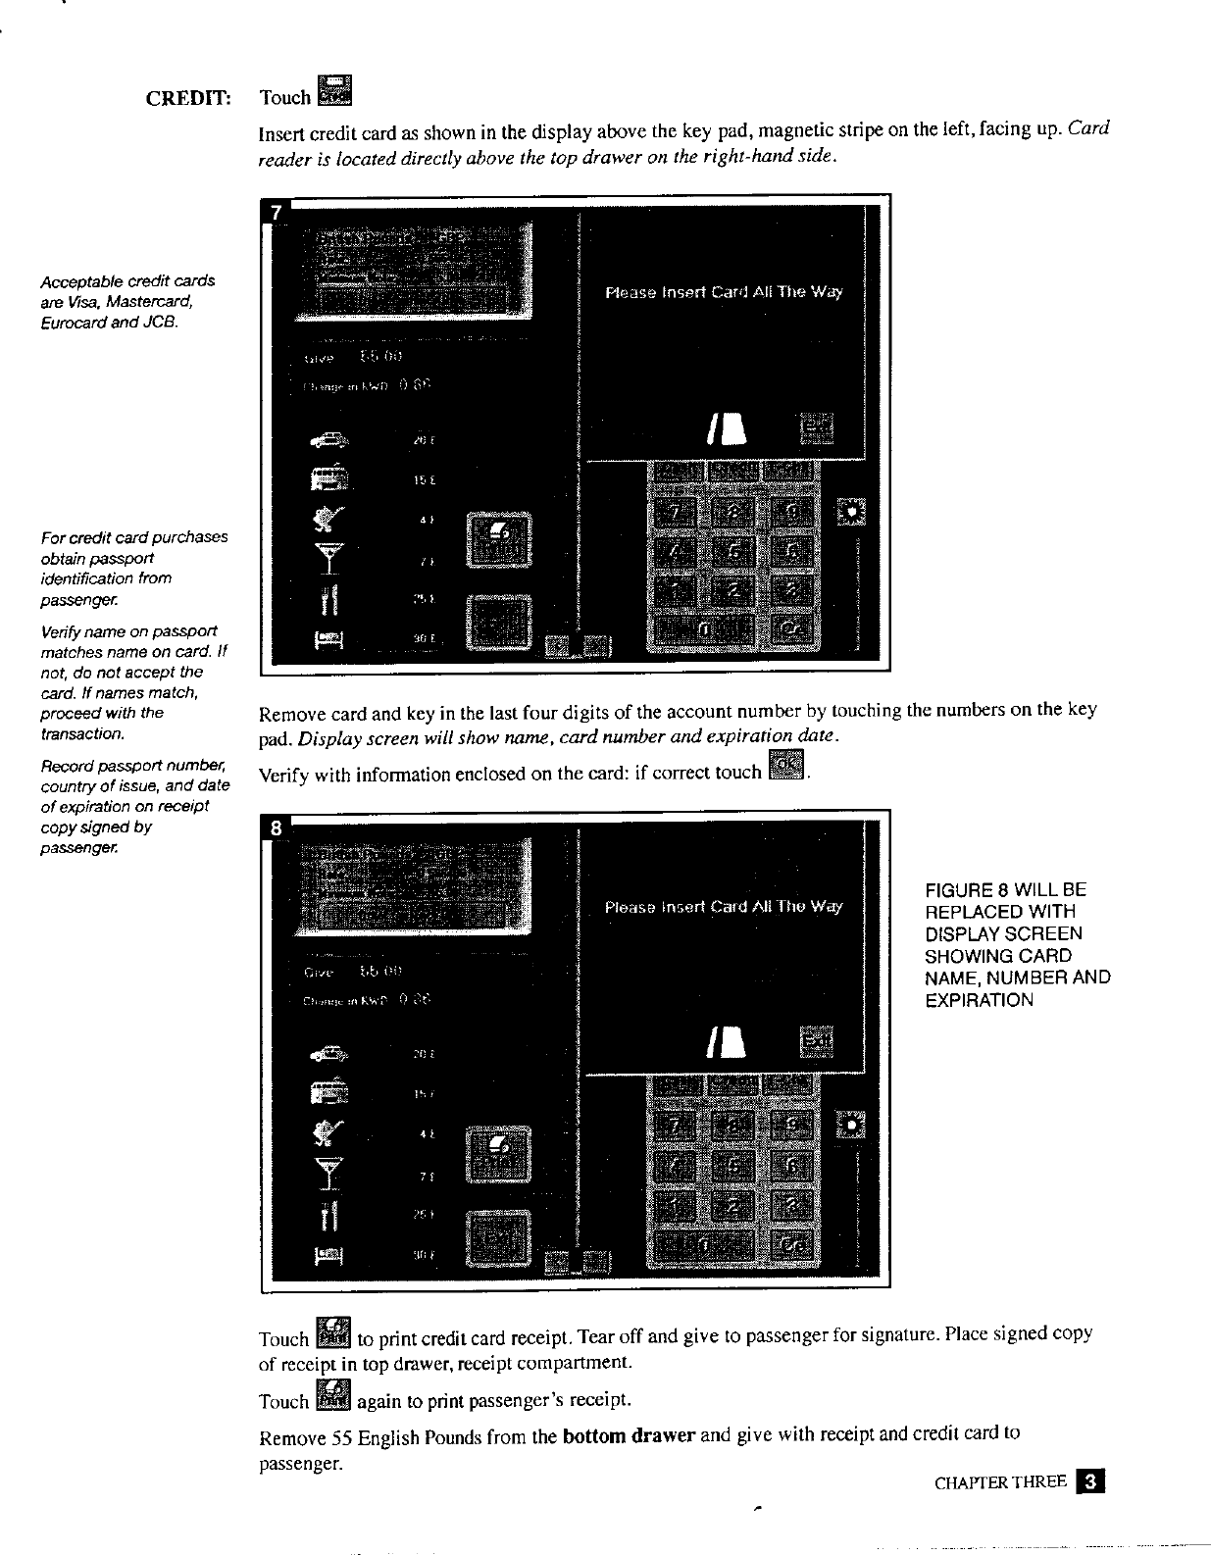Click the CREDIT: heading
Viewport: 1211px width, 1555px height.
188,98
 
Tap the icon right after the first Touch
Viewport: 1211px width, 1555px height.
335,90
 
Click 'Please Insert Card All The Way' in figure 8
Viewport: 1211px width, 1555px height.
724,907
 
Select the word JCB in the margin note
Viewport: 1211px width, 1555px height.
163,322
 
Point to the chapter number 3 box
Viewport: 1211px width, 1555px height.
1089,1481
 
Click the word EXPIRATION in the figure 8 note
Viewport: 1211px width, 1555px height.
979,1000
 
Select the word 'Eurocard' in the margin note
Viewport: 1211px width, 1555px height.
72,322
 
